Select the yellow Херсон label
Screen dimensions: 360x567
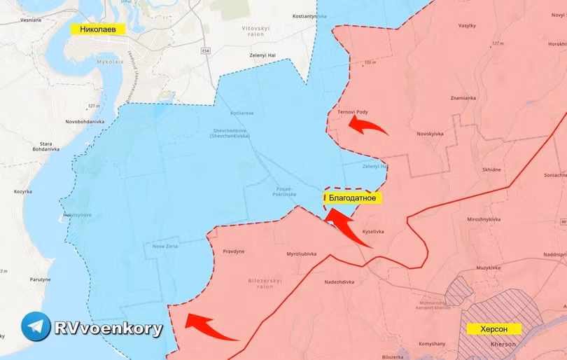tap(495, 328)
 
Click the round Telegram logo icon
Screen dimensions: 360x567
tap(36, 327)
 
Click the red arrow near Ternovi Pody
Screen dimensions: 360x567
tap(367, 126)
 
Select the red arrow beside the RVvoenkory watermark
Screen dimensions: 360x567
tap(210, 327)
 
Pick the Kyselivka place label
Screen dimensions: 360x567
tap(373, 231)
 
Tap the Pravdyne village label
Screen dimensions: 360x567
tap(234, 251)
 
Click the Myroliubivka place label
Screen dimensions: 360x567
tap(302, 254)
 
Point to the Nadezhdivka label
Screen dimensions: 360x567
tap(339, 282)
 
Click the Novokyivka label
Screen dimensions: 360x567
tap(431, 134)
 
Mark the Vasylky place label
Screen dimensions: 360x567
tap(467, 25)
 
